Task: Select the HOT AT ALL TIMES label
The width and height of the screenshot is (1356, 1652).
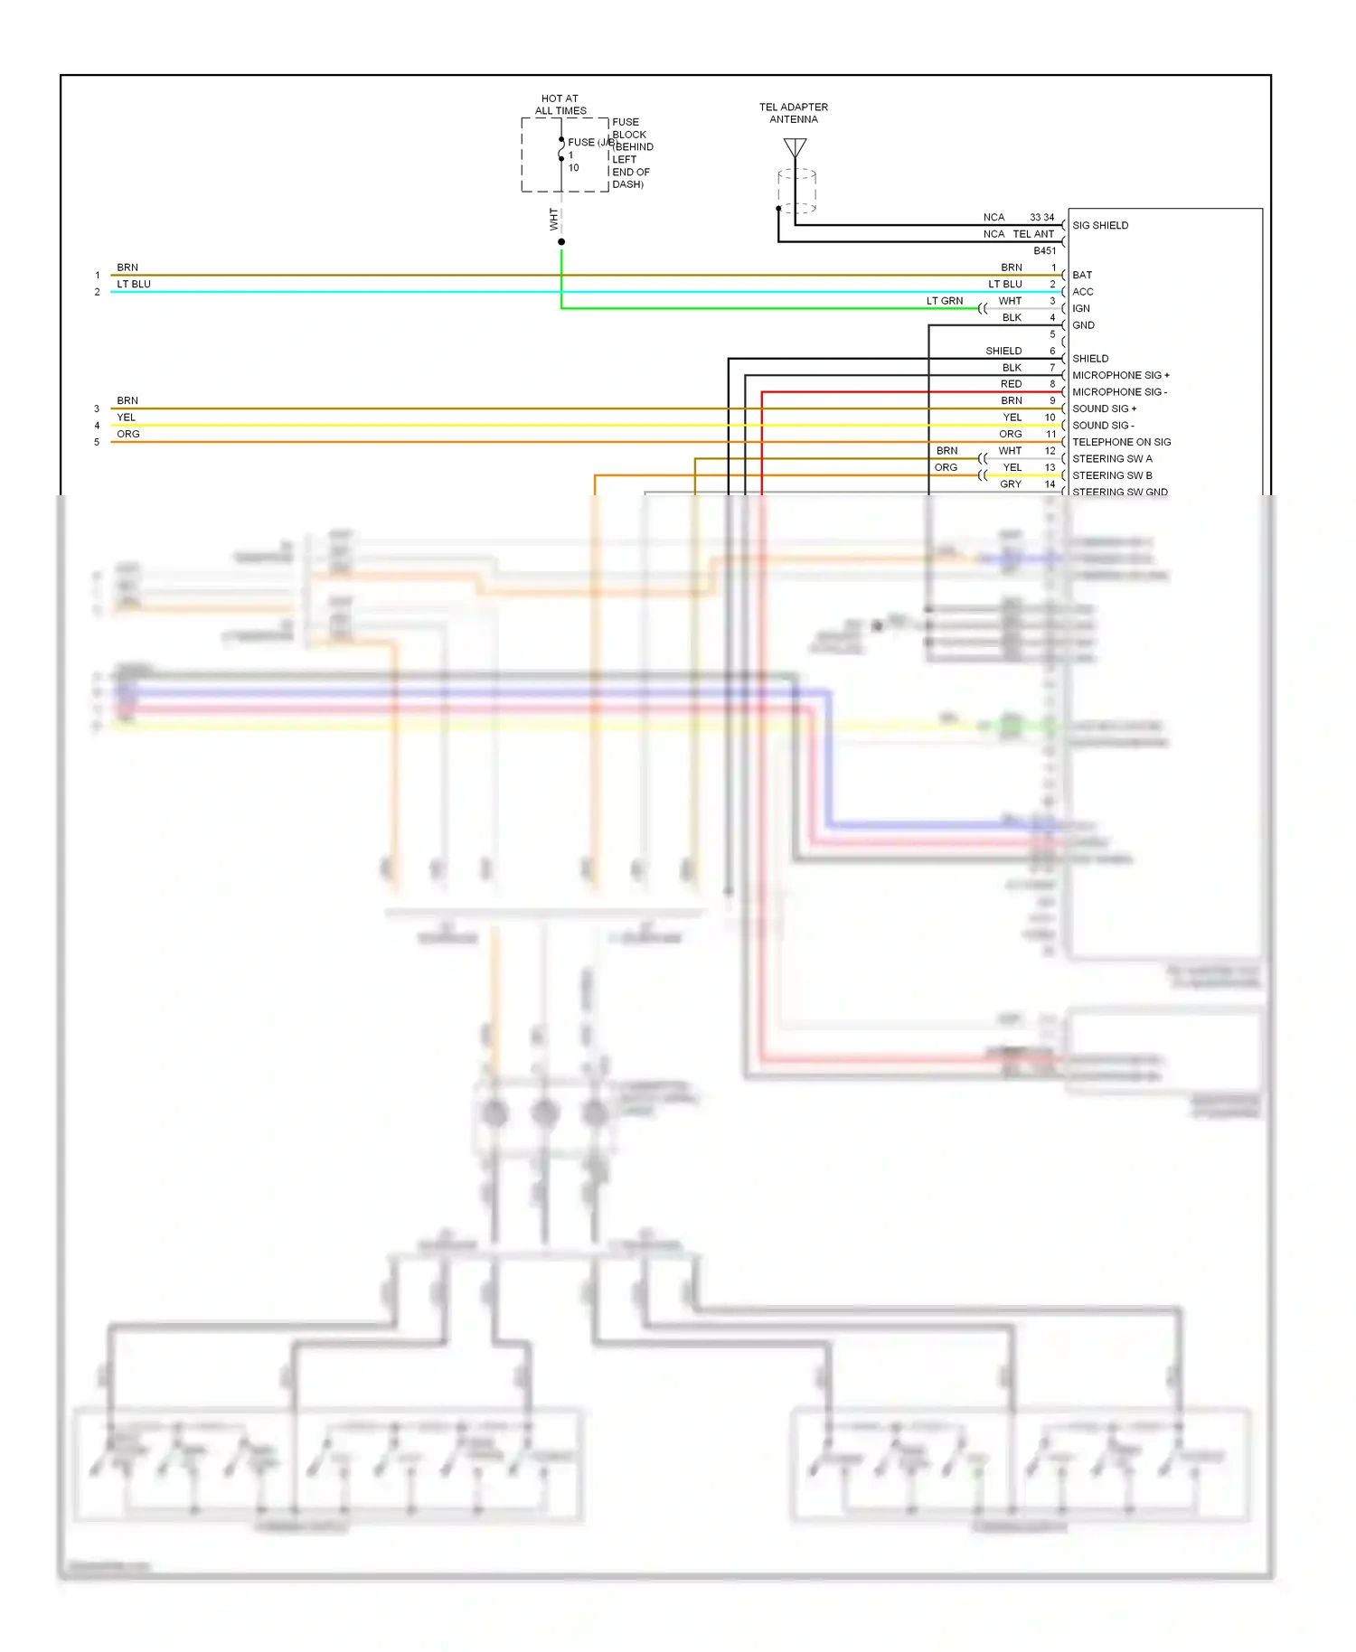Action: coord(560,105)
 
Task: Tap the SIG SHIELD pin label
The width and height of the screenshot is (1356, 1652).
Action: coord(1100,226)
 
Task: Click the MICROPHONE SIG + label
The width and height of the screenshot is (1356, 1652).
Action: coord(1120,375)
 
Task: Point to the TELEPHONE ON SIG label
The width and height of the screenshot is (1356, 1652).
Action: coord(1121,442)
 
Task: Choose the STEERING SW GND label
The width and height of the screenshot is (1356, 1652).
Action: coord(1119,492)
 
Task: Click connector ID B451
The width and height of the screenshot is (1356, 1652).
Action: coord(1044,251)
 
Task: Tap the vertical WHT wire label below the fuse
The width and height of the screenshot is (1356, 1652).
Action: coord(554,220)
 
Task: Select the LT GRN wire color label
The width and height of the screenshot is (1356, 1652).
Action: coord(944,301)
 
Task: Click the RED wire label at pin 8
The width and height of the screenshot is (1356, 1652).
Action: coord(1011,384)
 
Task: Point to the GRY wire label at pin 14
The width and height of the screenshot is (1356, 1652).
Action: coord(1011,484)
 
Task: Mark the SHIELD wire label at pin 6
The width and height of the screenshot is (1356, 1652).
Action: coord(1003,351)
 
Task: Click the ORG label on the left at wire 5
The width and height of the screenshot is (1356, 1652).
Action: coord(128,434)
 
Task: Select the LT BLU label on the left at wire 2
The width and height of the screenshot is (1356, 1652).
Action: coord(134,284)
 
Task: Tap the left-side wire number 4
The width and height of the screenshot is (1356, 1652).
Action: coord(97,426)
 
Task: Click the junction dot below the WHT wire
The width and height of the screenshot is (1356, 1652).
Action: coord(561,242)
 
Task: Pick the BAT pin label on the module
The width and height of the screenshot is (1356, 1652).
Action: coord(1082,275)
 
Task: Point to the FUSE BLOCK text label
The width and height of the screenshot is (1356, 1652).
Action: coord(629,128)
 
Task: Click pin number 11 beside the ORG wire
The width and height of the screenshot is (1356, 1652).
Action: coord(1050,435)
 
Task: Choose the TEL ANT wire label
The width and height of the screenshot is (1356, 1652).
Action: coord(1032,234)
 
